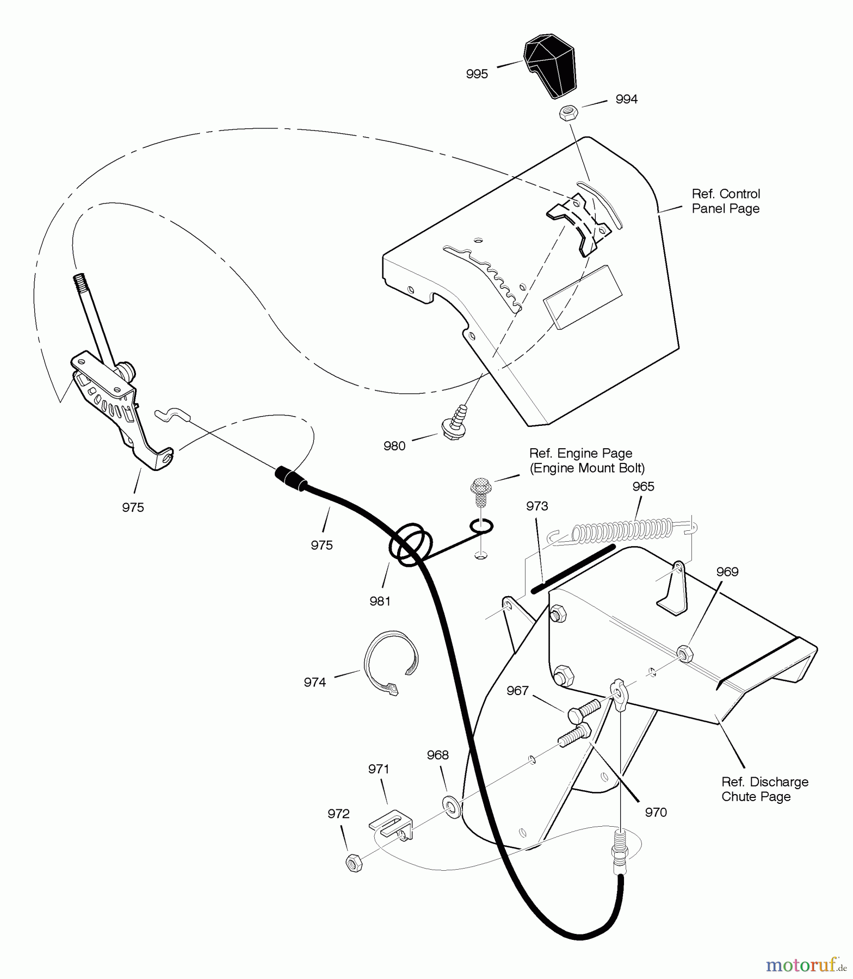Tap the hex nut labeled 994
(x=568, y=114)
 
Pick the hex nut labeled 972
(x=354, y=863)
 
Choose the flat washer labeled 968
(x=451, y=803)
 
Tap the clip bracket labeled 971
(x=391, y=826)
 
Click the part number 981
(x=380, y=601)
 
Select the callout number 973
(x=537, y=506)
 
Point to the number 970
(x=656, y=812)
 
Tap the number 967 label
(x=517, y=690)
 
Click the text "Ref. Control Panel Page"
(x=726, y=201)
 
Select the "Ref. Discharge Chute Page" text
(x=765, y=789)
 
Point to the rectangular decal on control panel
(x=583, y=297)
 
